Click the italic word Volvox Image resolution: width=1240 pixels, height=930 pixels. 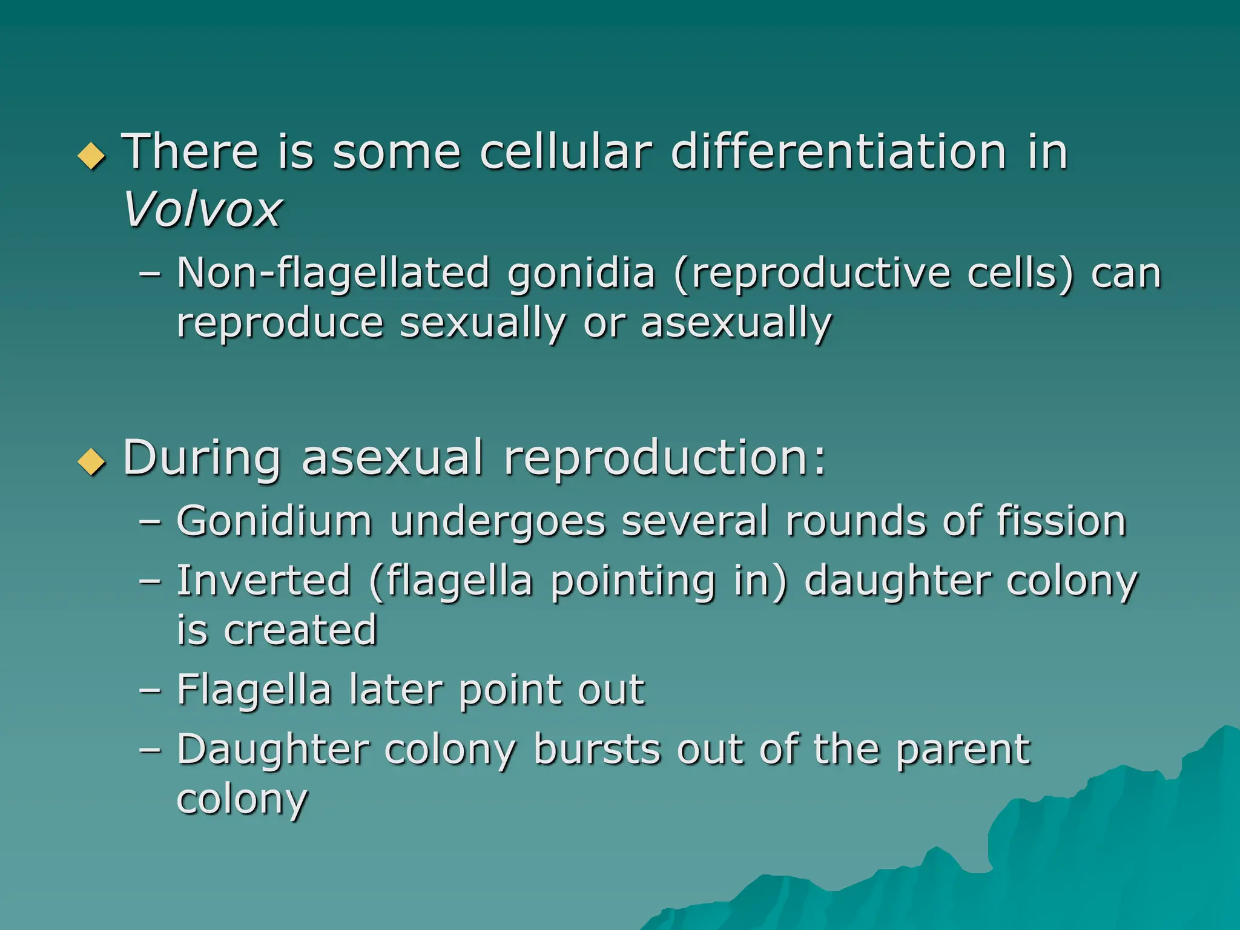(202, 209)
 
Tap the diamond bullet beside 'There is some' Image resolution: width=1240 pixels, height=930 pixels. (92, 156)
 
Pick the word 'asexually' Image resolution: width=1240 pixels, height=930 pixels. (736, 323)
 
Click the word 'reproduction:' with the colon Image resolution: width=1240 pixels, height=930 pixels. (664, 459)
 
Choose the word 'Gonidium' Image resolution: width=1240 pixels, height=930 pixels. (274, 521)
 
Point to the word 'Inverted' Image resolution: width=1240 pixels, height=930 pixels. (264, 581)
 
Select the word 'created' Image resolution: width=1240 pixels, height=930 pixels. (300, 630)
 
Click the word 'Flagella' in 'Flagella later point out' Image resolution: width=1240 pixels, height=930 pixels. (254, 691)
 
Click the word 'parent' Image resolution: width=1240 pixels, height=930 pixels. (963, 751)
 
